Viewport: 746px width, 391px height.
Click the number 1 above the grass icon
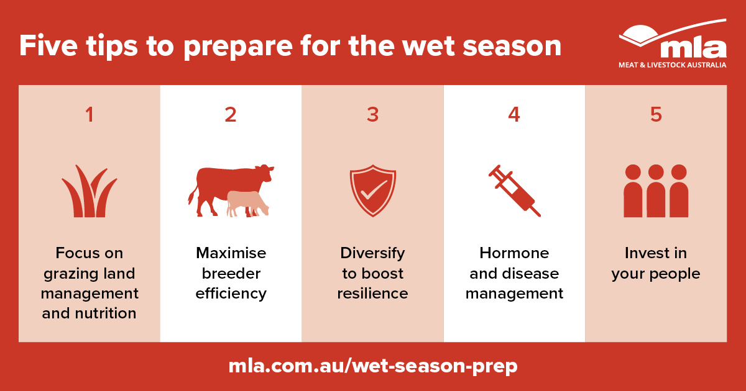pos(90,115)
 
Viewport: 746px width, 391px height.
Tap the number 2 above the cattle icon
pos(231,115)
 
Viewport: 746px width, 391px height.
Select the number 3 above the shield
pos(372,115)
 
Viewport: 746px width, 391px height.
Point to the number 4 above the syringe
pos(514,115)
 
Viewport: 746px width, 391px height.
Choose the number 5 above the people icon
pos(656,115)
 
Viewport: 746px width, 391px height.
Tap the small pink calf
pos(247,203)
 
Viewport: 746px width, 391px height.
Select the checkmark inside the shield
pos(372,190)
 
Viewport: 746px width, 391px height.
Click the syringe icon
pos(514,191)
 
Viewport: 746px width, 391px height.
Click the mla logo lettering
pos(693,48)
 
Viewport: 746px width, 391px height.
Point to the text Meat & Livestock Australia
pos(672,65)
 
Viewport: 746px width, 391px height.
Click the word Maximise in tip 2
pos(231,253)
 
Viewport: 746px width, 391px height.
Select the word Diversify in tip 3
pos(372,253)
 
